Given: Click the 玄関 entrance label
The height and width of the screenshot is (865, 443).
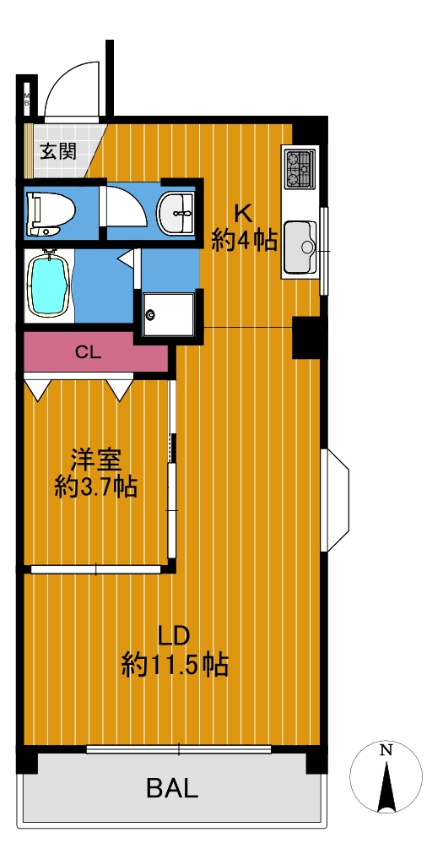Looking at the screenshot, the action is [x=57, y=150].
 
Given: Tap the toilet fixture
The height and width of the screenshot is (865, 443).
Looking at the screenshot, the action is [x=51, y=214].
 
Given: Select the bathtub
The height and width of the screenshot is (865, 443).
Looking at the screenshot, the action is [x=48, y=284].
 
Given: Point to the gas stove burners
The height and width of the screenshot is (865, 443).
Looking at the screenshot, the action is [x=300, y=168].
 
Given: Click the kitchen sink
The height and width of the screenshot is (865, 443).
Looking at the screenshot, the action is [x=300, y=248].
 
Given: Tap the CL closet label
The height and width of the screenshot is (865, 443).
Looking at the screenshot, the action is [x=88, y=352].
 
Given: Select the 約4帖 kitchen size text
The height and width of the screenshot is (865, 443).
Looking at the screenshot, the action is [x=244, y=240].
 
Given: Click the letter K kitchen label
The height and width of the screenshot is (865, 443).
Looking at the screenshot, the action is [x=244, y=212].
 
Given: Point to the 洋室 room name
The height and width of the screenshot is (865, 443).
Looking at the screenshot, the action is [x=95, y=460].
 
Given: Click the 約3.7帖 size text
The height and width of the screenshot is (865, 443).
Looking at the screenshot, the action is [x=95, y=487].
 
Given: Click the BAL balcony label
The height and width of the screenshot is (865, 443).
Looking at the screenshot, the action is [x=172, y=788].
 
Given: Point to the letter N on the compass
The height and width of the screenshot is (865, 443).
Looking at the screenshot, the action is [x=386, y=750].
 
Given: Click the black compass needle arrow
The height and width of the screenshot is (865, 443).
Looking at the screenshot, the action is [x=386, y=787].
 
